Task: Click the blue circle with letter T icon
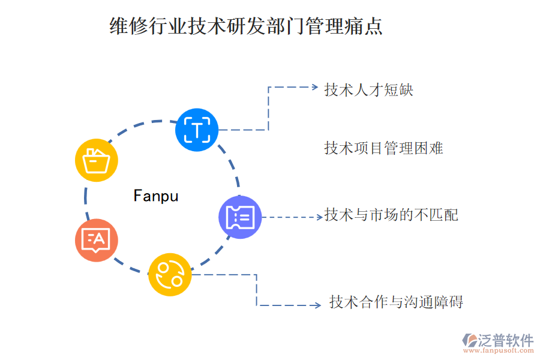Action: (x=197, y=129)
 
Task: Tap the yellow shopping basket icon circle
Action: (x=97, y=160)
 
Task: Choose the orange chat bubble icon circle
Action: (x=97, y=240)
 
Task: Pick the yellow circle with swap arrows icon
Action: (x=170, y=274)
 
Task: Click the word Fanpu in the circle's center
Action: (x=156, y=196)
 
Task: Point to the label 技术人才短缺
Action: (x=368, y=90)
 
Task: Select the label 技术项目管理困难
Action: (x=383, y=148)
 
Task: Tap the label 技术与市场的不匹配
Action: (x=391, y=215)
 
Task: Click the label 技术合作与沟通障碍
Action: (x=396, y=302)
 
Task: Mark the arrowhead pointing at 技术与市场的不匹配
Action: (x=319, y=217)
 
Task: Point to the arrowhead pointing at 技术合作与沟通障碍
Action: (x=317, y=305)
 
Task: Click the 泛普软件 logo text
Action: (x=506, y=340)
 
